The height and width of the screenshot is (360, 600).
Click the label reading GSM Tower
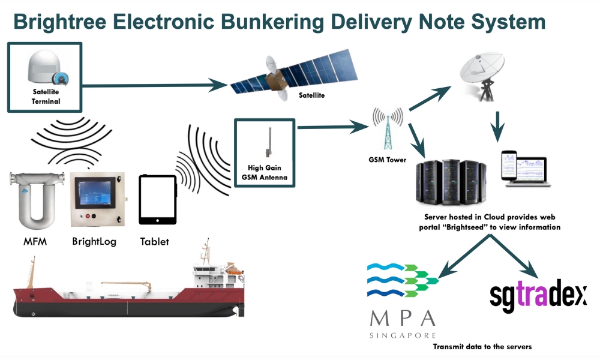387,160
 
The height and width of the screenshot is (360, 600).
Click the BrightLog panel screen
97,193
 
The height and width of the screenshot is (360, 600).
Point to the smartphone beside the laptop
508,168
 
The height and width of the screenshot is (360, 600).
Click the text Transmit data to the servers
482,347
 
